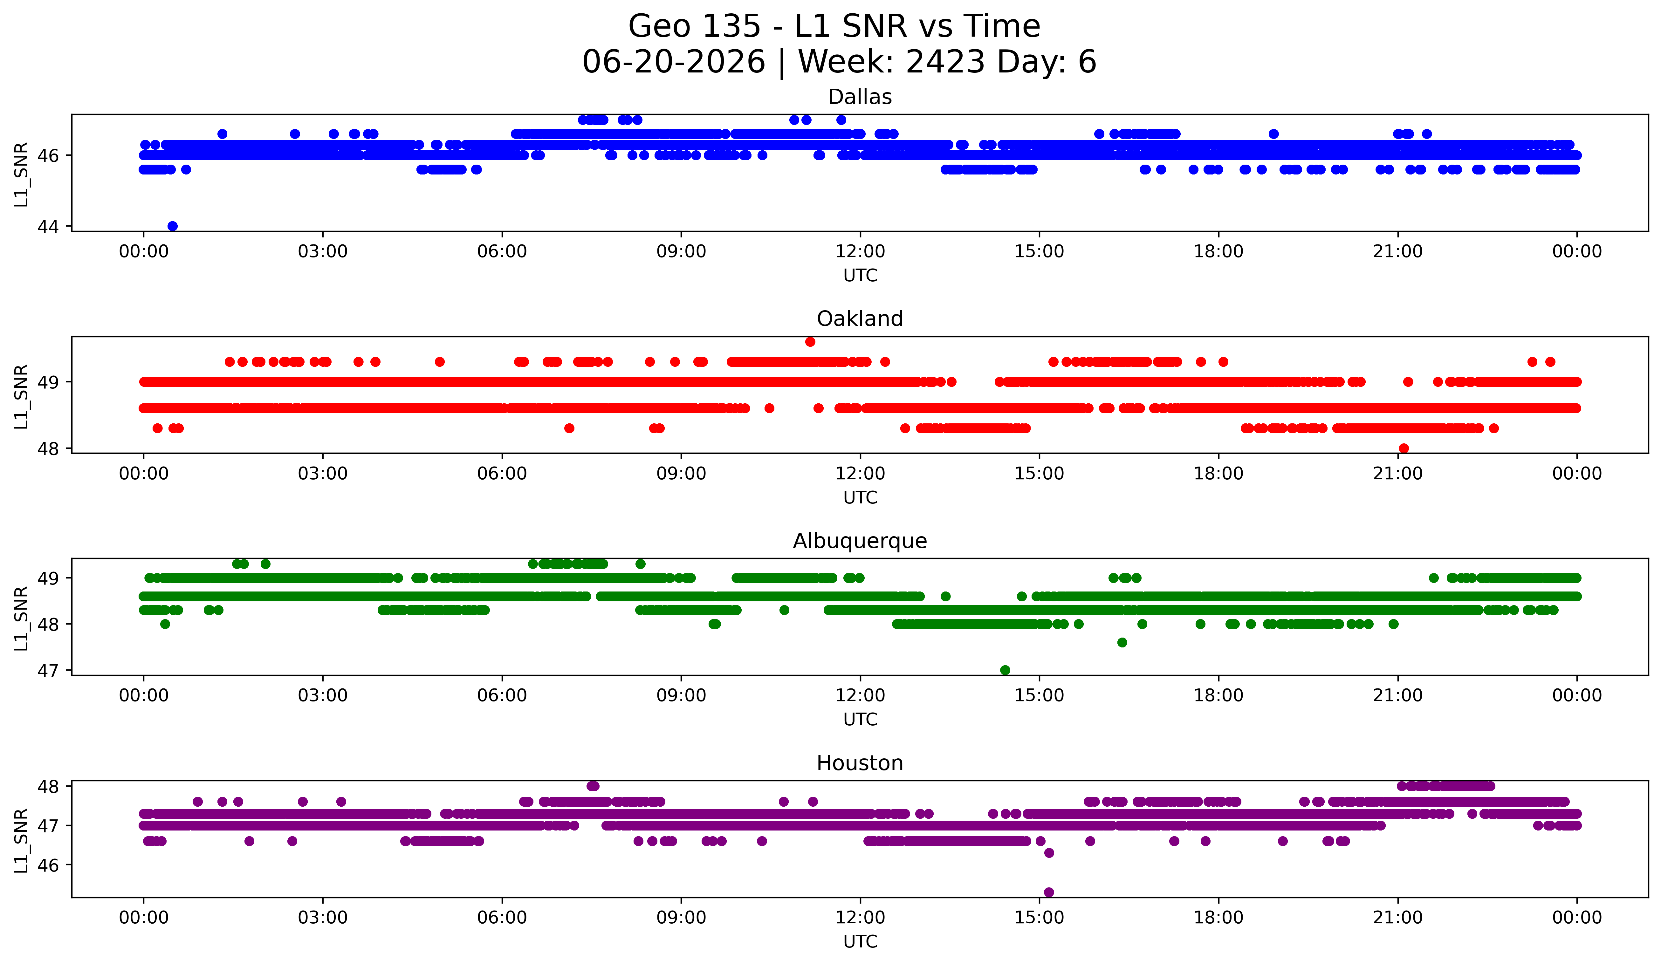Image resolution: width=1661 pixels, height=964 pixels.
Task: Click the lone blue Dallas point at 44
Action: coord(173,226)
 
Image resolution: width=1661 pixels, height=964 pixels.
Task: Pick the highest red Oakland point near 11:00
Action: coord(810,341)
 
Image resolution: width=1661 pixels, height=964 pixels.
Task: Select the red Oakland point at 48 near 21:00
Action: coord(1404,448)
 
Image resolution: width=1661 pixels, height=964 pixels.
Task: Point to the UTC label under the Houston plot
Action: coord(860,942)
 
